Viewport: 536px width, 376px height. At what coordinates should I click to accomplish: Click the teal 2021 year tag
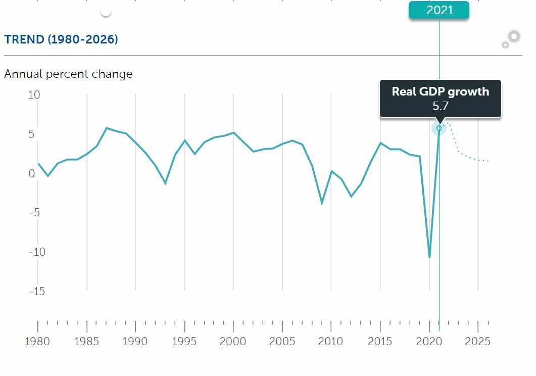click(439, 10)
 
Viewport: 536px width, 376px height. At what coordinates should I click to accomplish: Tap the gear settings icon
click(511, 39)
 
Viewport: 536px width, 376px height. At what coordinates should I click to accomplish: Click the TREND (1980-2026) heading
click(61, 39)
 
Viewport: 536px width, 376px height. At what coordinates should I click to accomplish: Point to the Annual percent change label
click(68, 74)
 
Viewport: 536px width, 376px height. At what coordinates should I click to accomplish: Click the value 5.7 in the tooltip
click(441, 106)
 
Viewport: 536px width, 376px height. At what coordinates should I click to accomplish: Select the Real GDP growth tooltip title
click(441, 91)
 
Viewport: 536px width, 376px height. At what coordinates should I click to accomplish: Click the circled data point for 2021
click(439, 128)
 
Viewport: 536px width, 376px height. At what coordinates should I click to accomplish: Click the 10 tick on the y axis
click(34, 95)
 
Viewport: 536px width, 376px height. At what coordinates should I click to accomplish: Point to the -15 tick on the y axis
click(36, 291)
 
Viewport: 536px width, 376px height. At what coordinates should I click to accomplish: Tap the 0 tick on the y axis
click(32, 173)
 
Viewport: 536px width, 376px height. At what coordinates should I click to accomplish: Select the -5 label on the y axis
click(34, 213)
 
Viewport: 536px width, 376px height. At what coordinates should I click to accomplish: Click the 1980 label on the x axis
click(37, 342)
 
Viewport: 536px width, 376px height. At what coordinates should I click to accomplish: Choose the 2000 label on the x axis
click(233, 342)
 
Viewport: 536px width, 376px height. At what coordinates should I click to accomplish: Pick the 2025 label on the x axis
click(477, 342)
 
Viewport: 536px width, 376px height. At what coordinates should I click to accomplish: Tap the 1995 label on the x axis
click(184, 342)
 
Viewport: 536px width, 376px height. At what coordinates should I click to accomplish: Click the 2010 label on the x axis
click(331, 342)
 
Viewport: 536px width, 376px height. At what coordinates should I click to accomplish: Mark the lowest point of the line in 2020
click(429, 257)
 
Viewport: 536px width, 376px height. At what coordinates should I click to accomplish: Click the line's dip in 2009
click(321, 203)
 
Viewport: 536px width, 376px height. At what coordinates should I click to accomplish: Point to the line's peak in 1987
click(106, 128)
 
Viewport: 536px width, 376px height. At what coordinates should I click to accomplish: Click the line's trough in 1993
click(165, 182)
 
